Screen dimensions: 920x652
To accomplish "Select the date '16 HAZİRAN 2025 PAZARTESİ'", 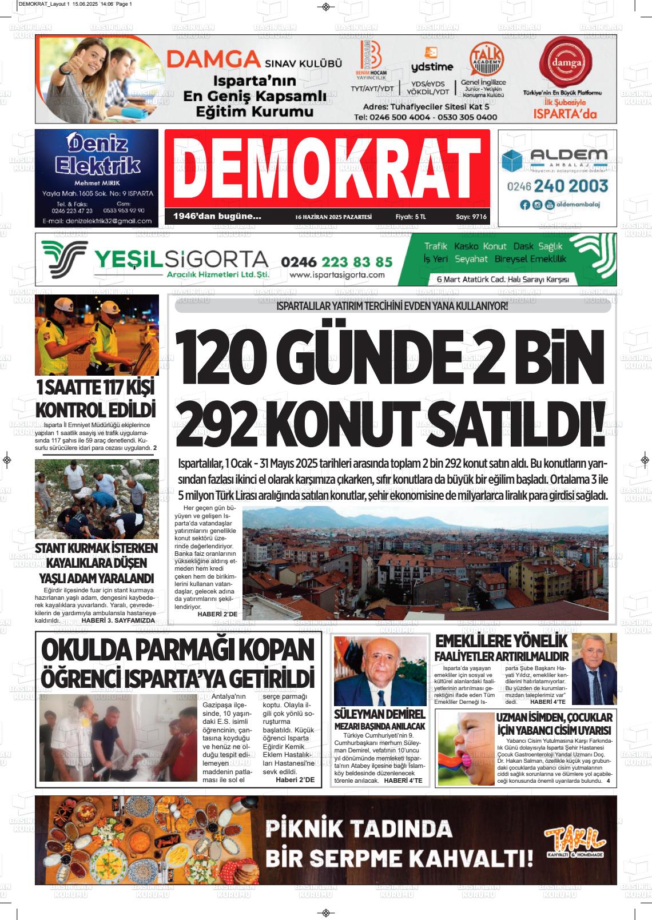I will point(333,217).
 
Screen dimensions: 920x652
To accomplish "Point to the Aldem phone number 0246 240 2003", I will point(557,186).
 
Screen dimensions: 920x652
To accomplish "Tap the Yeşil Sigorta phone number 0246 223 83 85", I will point(336,262).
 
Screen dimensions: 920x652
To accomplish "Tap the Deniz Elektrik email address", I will point(96,220).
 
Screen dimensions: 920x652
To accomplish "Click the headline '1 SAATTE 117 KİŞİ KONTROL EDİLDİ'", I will point(96,399).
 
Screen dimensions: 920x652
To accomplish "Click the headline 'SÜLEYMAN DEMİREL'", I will point(380,715).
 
